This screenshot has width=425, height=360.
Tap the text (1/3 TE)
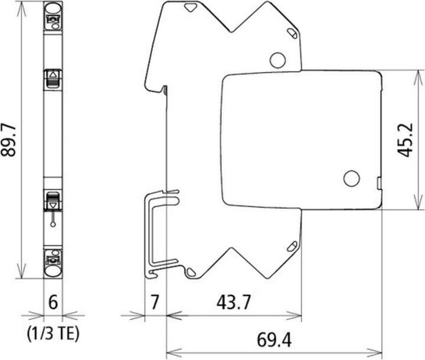point(53,334)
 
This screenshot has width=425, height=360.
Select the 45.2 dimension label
point(405,140)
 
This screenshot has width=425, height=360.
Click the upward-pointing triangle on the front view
point(53,75)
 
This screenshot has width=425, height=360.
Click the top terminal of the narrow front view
point(53,17)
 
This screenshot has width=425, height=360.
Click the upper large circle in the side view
point(277,59)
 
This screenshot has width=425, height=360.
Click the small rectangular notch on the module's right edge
point(378,184)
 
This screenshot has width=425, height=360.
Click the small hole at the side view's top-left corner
point(190,8)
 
